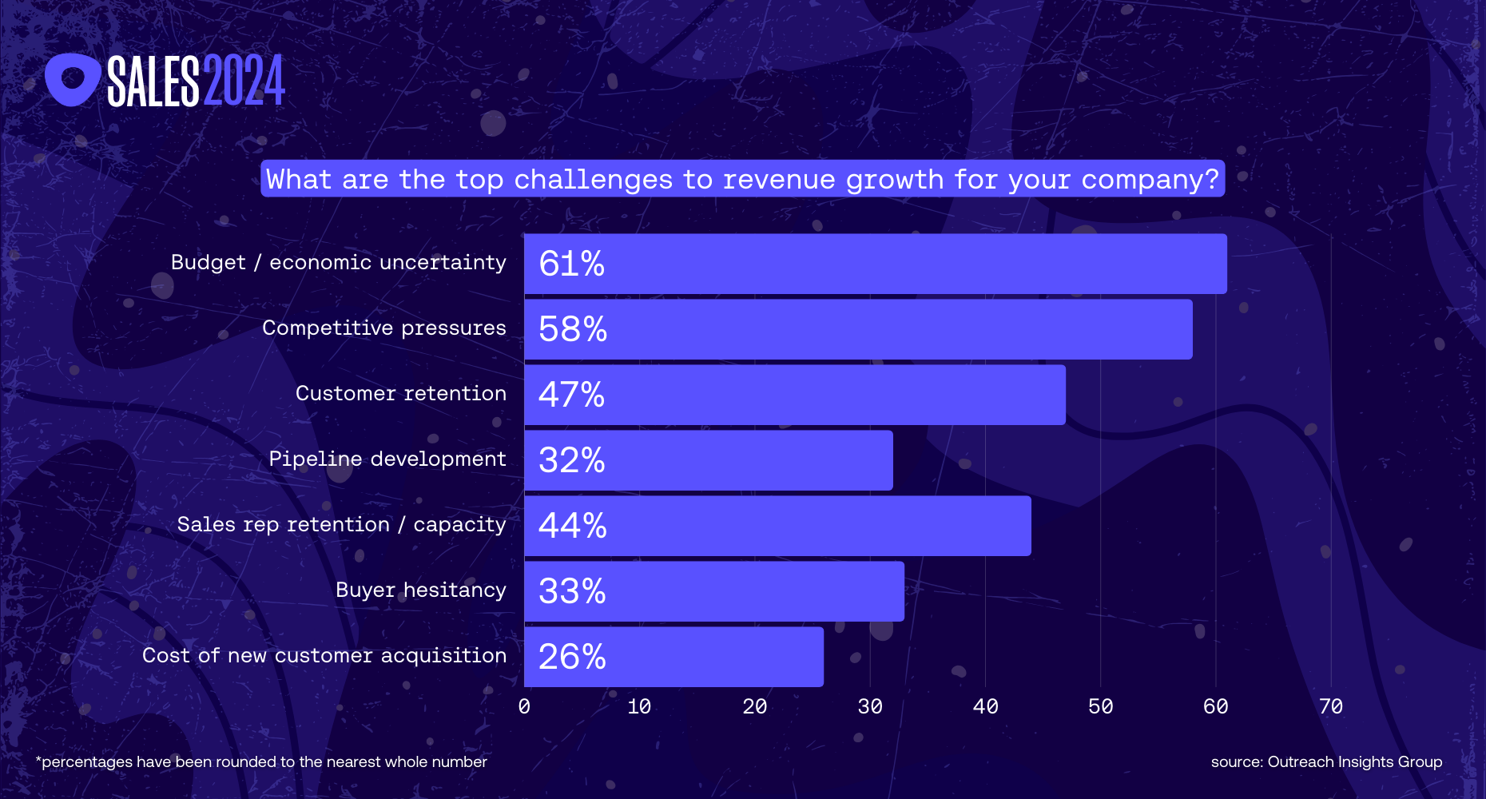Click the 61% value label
tap(571, 264)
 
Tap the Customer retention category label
tap(400, 393)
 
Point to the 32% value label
tap(571, 460)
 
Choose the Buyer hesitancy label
tap(420, 590)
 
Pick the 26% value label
tap(571, 657)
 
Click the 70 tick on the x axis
tap(1331, 706)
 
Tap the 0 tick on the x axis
tap(524, 706)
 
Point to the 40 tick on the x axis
tap(985, 706)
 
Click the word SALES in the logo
tap(153, 81)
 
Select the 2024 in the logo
tap(244, 81)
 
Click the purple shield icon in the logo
tap(72, 79)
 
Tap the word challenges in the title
tap(593, 179)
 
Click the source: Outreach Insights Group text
tap(1326, 761)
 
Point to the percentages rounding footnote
tap(261, 761)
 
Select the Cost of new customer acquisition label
tap(324, 655)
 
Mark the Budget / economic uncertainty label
tap(338, 262)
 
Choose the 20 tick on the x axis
tap(754, 706)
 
